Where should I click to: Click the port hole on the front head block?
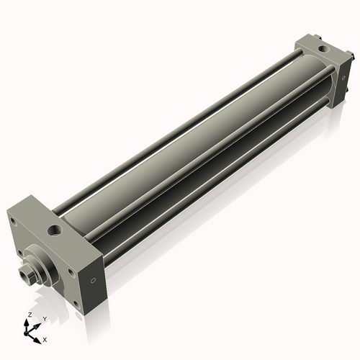[x=55, y=232]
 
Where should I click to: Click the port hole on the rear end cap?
[x=321, y=50]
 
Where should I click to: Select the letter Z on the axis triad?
[x=29, y=315]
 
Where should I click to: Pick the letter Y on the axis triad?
[x=44, y=318]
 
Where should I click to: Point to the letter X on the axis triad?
[x=45, y=338]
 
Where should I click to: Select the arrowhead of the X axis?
[x=38, y=337]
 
